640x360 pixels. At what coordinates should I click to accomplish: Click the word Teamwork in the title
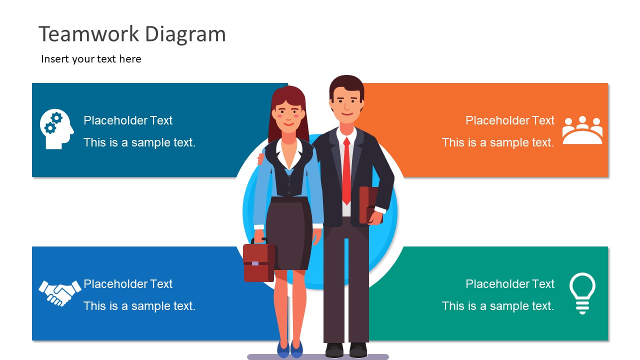click(x=89, y=34)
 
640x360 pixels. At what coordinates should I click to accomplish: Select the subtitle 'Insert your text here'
click(x=91, y=59)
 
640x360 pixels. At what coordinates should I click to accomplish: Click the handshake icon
click(x=59, y=292)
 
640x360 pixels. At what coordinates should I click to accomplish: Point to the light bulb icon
click(x=582, y=292)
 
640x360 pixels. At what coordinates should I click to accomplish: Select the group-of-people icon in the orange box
click(x=582, y=130)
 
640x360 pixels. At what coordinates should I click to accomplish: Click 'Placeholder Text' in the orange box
click(x=509, y=120)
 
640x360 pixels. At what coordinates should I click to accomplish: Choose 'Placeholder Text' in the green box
click(x=509, y=284)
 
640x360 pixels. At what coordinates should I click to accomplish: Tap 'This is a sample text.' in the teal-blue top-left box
click(x=139, y=142)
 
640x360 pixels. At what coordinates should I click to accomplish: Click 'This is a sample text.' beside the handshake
click(x=139, y=306)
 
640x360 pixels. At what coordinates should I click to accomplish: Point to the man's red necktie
click(x=346, y=170)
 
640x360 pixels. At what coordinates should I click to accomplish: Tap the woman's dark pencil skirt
click(x=288, y=230)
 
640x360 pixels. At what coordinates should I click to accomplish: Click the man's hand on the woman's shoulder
click(x=260, y=159)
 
